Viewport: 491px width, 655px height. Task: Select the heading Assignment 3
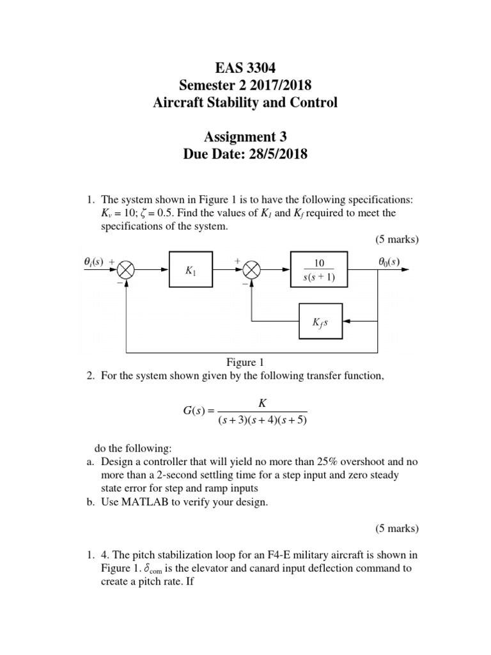245,136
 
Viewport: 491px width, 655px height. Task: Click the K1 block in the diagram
191,271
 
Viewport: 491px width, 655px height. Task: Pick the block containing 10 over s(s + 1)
320,271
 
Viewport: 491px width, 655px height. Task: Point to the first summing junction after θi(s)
127,271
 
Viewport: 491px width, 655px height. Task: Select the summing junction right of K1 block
253,271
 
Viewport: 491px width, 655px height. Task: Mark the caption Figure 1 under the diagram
245,363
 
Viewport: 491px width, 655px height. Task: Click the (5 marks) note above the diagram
396,240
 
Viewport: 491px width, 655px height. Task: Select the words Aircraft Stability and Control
245,102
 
